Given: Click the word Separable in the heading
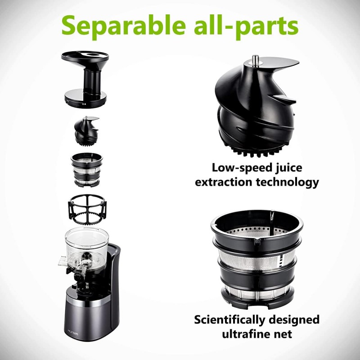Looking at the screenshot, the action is [123, 26].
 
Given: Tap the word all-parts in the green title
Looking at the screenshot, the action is [246, 26].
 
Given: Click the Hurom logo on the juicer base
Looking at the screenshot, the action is [73, 333].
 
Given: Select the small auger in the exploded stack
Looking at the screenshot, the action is [86, 130].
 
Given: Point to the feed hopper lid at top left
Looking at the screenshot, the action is [85, 79].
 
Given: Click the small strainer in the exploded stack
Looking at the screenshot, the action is [87, 170].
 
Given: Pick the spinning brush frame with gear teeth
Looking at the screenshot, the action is [87, 209].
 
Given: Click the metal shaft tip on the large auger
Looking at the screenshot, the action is [255, 61].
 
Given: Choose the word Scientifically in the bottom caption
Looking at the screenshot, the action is [230, 320].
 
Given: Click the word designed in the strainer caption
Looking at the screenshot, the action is [294, 320].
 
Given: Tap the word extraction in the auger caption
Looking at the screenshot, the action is [224, 183].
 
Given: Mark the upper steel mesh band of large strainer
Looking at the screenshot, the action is [256, 260].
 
